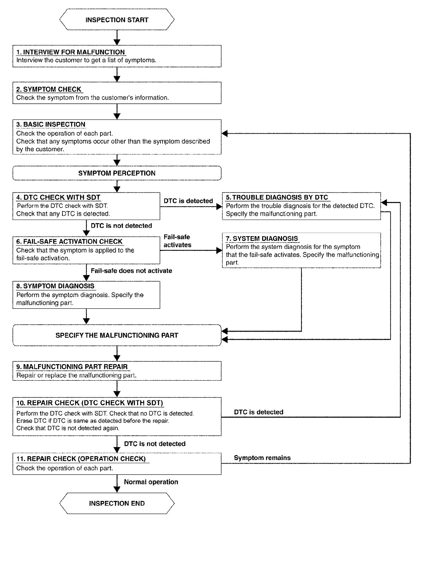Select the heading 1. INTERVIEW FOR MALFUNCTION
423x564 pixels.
tap(70, 52)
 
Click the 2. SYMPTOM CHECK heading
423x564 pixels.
tap(49, 90)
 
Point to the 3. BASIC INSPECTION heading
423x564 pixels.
tap(51, 124)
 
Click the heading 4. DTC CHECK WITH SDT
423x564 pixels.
tap(58, 197)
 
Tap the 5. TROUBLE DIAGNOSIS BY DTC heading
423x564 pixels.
tap(277, 197)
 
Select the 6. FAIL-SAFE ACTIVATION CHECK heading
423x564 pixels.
tap(69, 241)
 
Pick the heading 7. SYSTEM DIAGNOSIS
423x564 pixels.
tap(262, 238)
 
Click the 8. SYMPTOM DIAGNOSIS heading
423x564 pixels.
tap(55, 286)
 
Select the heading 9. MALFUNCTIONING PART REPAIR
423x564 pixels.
tap(72, 367)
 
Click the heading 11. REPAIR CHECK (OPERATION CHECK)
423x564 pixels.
tap(81, 459)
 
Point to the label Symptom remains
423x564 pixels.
tap(262, 458)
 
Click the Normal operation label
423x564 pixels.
tap(151, 482)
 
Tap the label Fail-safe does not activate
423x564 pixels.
tap(131, 271)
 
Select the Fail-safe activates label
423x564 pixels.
tap(177, 241)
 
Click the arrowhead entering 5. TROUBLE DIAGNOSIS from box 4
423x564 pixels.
tap(219, 206)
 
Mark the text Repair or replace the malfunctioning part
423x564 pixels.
tap(76, 375)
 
